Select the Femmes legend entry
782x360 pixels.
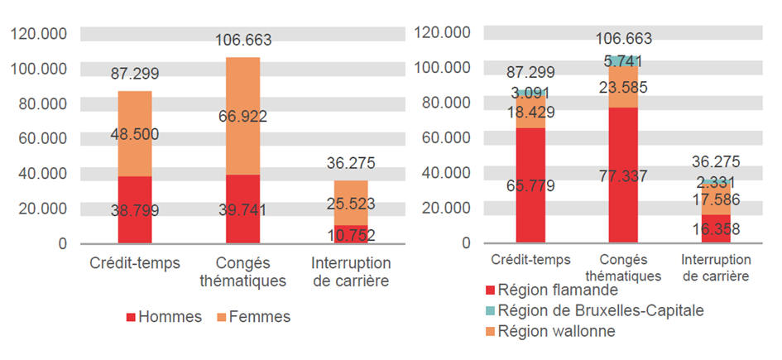pyautogui.click(x=253, y=317)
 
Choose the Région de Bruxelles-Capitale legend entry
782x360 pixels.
pyautogui.click(x=595, y=310)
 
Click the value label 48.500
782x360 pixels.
pyautogui.click(x=135, y=134)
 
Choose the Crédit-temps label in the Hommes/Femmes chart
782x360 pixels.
pyautogui.click(x=135, y=263)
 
